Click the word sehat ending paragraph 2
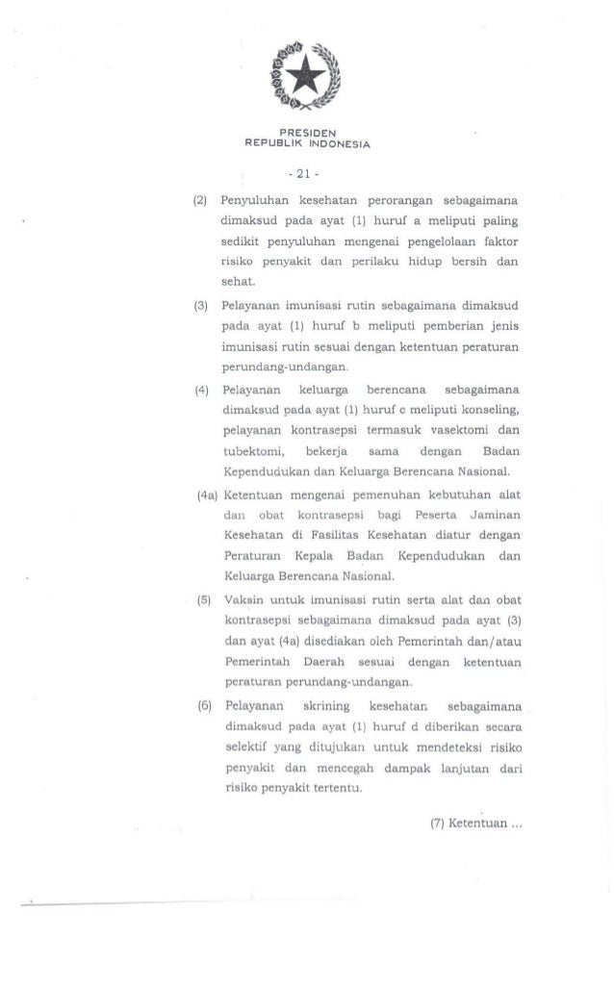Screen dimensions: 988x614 click(x=235, y=278)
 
